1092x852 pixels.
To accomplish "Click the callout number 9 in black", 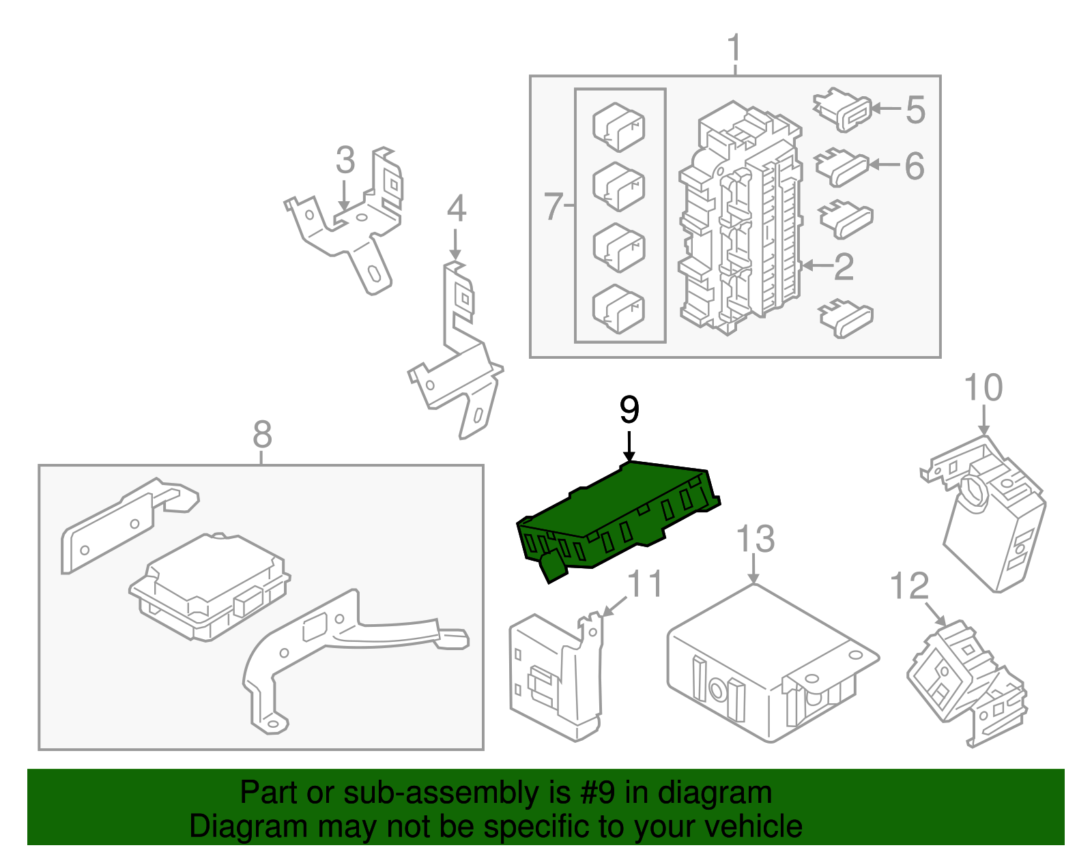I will (x=629, y=410).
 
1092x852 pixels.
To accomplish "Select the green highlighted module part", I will (x=614, y=518).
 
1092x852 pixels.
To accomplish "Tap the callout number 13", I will (x=756, y=539).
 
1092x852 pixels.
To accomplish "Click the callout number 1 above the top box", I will (x=734, y=49).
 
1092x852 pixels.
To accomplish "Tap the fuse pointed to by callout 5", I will (x=844, y=109).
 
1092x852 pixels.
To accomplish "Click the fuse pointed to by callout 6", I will (x=842, y=166).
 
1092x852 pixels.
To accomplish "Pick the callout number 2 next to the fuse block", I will (x=844, y=267).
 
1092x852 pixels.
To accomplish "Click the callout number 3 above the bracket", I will (x=345, y=160).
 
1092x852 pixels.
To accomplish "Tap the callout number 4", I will (x=456, y=209).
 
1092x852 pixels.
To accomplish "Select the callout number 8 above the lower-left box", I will (x=262, y=435).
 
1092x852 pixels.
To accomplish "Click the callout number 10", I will (x=983, y=387).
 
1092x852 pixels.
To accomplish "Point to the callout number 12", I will (x=910, y=587).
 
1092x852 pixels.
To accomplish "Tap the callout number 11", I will (x=644, y=584).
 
